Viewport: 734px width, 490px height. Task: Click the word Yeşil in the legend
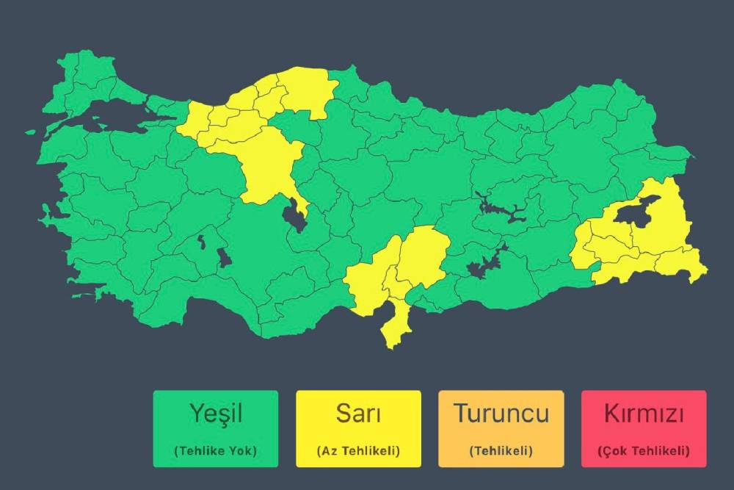[x=216, y=413]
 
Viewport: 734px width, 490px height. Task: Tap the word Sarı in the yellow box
[x=358, y=413]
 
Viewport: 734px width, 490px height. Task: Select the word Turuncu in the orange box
[x=501, y=413]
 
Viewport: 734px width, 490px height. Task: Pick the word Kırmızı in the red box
[x=644, y=413]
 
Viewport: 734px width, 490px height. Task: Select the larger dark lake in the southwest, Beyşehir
[x=223, y=257]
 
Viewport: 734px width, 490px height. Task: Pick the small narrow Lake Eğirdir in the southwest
[x=200, y=240]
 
